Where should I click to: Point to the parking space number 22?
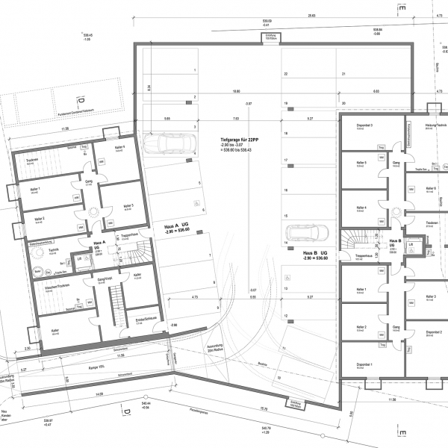click(285, 75)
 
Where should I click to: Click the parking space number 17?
click(285, 161)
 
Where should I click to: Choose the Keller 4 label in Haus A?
click(120, 148)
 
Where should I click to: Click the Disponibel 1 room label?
click(366, 364)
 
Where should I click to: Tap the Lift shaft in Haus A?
click(80, 259)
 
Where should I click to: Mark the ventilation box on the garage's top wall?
click(270, 37)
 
